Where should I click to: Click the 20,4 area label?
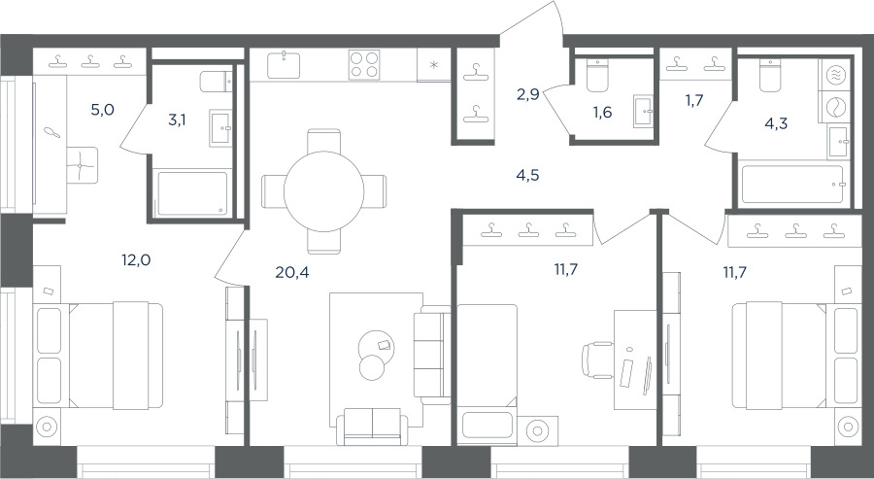coord(292,272)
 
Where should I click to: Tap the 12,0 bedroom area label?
coord(137,259)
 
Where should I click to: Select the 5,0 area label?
coord(103,110)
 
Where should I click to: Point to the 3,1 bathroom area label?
coord(178,120)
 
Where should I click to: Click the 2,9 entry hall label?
coord(527,95)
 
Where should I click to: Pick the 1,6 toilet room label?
coord(602,113)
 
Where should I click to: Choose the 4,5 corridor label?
coord(527,176)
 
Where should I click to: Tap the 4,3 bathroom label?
coord(776,123)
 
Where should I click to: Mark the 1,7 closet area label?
coord(694,101)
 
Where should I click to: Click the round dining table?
coord(323,191)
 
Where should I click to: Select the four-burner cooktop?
coord(364,65)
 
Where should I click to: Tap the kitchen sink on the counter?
coord(284,65)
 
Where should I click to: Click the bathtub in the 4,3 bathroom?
coord(792,185)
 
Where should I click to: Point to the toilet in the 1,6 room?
coord(598,75)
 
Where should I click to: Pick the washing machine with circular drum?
coord(835,108)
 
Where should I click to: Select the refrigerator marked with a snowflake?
coord(434,65)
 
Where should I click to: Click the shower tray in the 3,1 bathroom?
coord(192,193)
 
